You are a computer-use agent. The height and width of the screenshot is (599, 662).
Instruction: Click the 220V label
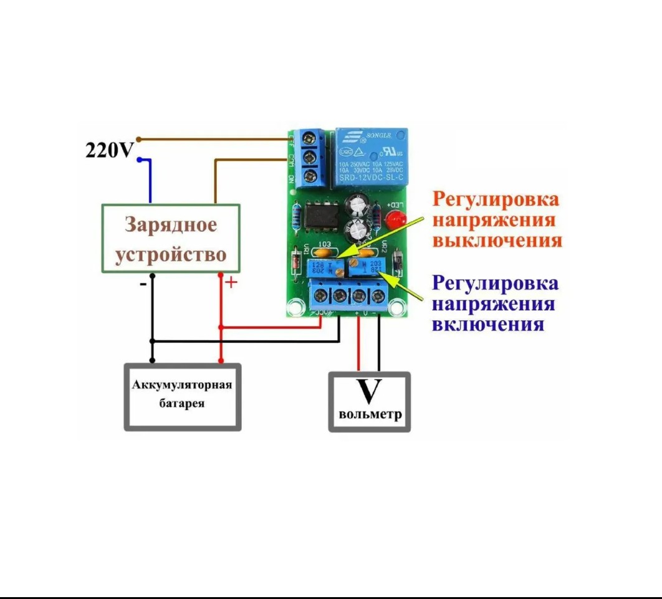109,150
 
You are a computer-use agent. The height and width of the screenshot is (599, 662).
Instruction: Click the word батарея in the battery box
181,403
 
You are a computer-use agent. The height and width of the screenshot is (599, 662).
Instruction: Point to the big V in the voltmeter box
369,391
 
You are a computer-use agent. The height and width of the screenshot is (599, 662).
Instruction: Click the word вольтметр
370,415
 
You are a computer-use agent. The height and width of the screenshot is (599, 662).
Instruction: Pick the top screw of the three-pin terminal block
310,137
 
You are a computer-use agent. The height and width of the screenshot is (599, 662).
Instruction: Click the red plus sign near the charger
231,283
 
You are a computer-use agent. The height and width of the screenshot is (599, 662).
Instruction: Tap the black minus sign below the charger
143,284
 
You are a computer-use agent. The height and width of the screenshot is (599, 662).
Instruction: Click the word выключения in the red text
497,241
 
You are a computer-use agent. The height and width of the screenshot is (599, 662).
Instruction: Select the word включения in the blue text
487,325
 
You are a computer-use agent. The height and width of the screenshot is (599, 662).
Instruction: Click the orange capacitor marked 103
324,252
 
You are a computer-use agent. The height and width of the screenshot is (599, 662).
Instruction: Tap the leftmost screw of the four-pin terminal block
322,295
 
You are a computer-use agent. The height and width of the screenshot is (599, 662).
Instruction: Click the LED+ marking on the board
395,204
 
